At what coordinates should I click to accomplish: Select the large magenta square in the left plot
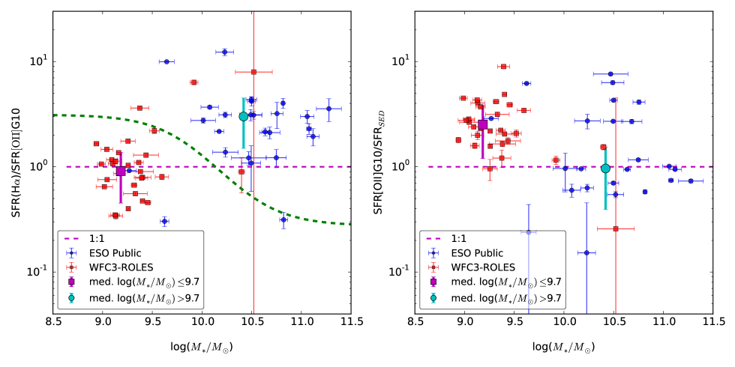coord(121,171)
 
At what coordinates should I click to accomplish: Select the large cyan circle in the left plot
coord(243,116)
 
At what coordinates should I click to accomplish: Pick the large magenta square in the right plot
coord(482,124)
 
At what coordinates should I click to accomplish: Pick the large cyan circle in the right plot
coord(605,169)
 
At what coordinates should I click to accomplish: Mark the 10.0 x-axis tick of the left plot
coord(202,322)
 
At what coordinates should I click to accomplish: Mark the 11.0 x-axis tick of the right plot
coord(663,322)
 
